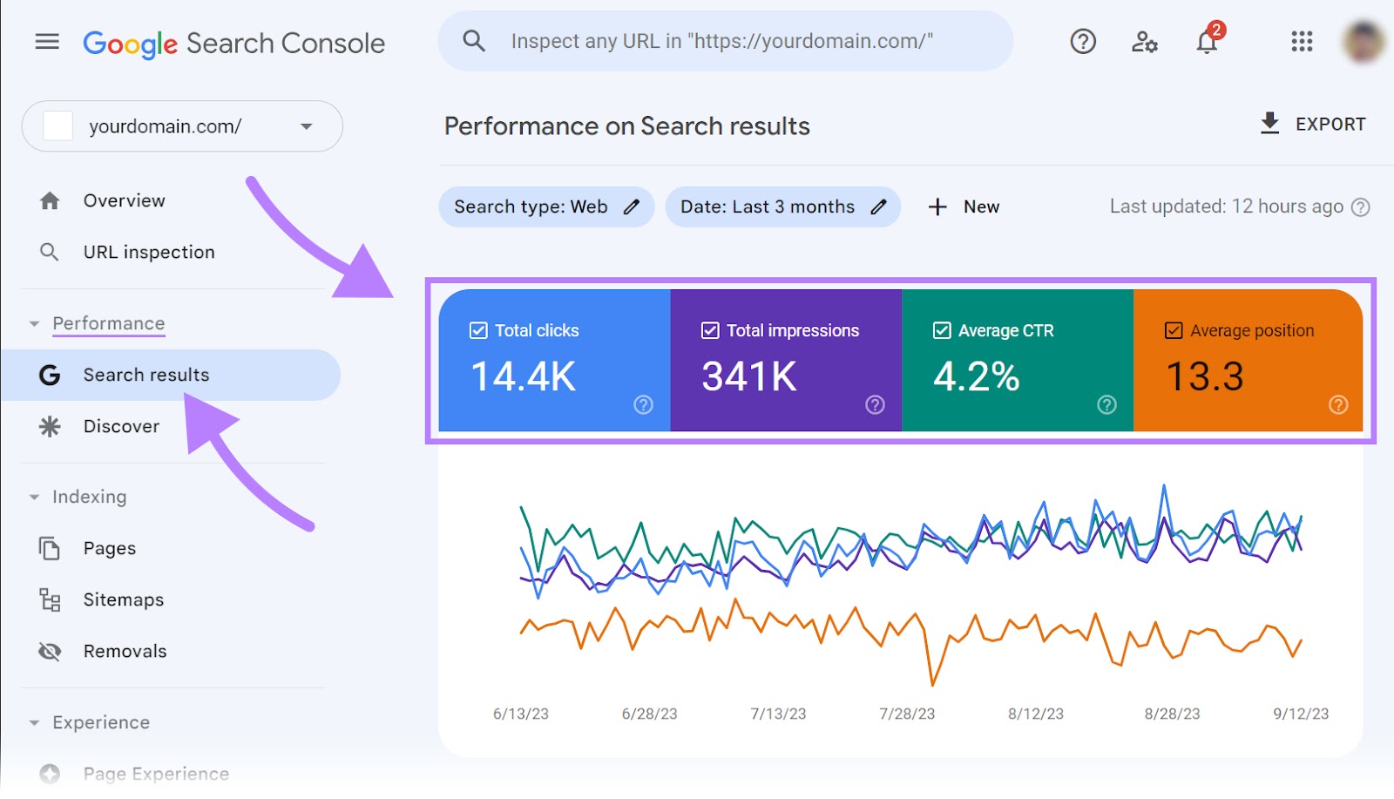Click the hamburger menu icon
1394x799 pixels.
point(47,41)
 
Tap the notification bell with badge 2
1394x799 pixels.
point(1207,41)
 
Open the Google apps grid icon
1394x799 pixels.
point(1302,41)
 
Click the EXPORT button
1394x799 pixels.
point(1313,124)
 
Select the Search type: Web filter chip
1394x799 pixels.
point(546,207)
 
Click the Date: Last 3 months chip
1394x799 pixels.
point(782,207)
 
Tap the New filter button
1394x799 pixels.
point(964,207)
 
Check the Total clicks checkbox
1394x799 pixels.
point(478,330)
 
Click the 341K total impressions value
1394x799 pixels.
point(749,376)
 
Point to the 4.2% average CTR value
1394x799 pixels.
point(976,376)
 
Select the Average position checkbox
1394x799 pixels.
point(1174,330)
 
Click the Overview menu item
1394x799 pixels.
point(124,200)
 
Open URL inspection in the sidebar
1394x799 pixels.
point(148,252)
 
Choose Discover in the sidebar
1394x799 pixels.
point(121,426)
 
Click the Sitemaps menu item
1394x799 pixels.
point(123,599)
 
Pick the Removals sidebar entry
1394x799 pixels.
point(125,651)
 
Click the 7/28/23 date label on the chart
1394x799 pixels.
point(907,714)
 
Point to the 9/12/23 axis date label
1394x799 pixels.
point(1301,714)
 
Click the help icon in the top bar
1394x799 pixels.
point(1083,41)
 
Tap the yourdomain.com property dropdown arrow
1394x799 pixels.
point(306,126)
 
